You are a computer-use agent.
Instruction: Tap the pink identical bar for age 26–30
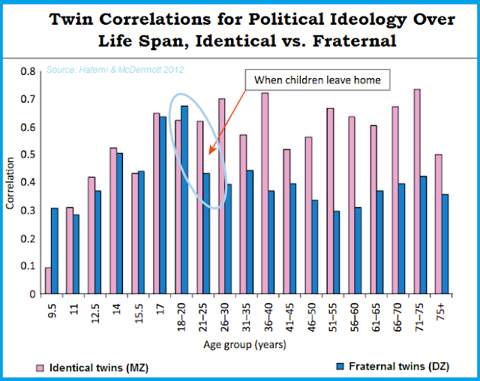221,196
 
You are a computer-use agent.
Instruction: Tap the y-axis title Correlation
10,181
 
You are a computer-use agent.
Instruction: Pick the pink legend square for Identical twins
44,367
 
